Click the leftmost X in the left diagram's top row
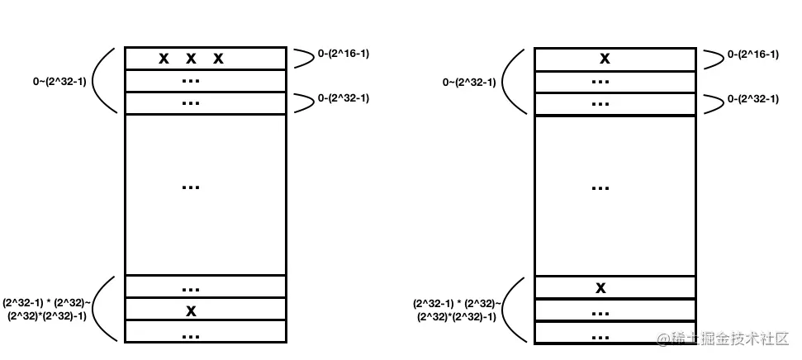[164, 59]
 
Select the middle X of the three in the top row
[191, 59]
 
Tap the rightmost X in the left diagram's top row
[218, 59]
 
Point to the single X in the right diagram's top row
[605, 59]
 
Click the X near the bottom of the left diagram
[191, 310]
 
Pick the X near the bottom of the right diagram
[601, 288]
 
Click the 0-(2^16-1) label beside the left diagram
[343, 54]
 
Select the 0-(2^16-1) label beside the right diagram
[752, 54]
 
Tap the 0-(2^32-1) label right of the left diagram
[343, 98]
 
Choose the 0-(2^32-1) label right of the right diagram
[752, 98]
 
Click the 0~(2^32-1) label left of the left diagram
[56, 82]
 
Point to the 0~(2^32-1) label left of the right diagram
[469, 82]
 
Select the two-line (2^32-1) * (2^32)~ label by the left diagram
[45, 309]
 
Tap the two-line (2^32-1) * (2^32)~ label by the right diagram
[457, 309]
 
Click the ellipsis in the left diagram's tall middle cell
[191, 187]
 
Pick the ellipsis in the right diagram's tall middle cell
[601, 187]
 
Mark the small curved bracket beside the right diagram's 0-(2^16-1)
[711, 58]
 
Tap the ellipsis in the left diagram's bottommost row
[191, 335]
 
